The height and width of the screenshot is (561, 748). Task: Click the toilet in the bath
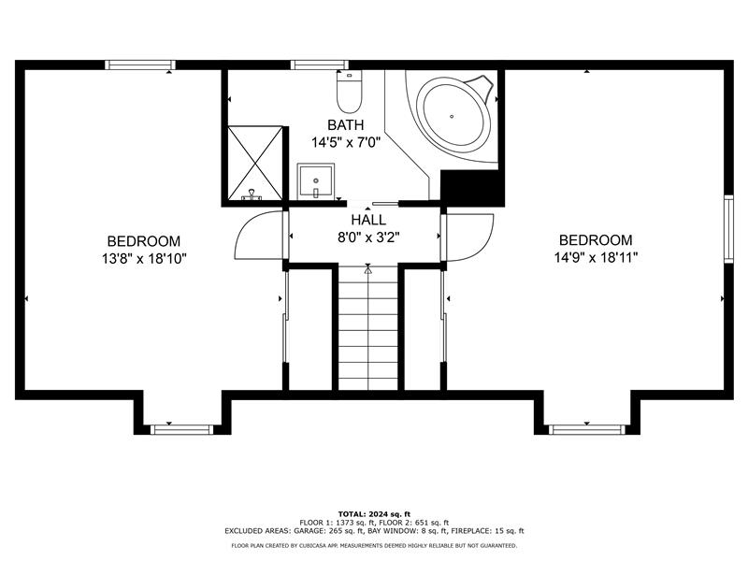(x=349, y=92)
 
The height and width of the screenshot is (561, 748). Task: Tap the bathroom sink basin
(x=315, y=181)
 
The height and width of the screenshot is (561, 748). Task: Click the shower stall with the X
(x=255, y=163)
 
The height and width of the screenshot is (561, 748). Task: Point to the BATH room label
(x=345, y=125)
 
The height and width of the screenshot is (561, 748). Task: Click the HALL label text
(x=368, y=220)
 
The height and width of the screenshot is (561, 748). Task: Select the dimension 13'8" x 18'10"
(x=144, y=259)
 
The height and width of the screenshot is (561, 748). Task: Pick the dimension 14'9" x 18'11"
(x=596, y=258)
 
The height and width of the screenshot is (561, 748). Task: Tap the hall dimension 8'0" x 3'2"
(x=368, y=237)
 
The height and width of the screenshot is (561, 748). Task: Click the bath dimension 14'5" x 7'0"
(x=345, y=142)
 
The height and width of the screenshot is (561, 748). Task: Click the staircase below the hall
(x=367, y=329)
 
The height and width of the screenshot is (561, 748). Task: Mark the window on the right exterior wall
(x=728, y=229)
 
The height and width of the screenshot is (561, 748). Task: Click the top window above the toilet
(x=319, y=65)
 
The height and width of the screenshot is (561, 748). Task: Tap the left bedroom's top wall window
(x=140, y=65)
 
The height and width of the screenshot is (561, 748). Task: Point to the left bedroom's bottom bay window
(x=181, y=430)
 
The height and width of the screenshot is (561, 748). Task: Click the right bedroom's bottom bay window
(x=586, y=430)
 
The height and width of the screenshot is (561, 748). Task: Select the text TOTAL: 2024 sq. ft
(x=374, y=513)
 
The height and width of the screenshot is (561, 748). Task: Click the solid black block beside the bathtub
(x=472, y=188)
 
